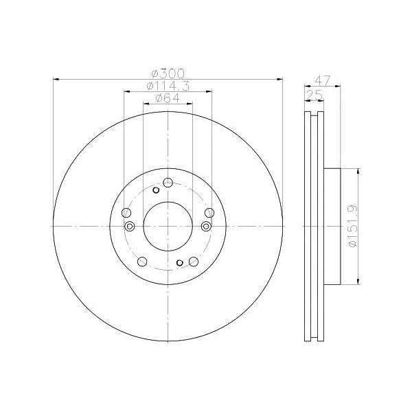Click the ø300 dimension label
(x=168, y=73)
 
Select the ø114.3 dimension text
(x=168, y=86)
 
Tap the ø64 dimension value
(x=168, y=98)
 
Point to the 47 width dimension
(x=323, y=80)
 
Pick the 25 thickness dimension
(x=314, y=95)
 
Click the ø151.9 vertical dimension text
(x=353, y=226)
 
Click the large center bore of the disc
(x=168, y=226)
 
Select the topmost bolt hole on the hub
(x=168, y=183)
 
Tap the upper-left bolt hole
(x=126, y=213)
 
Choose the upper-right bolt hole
(x=209, y=213)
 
